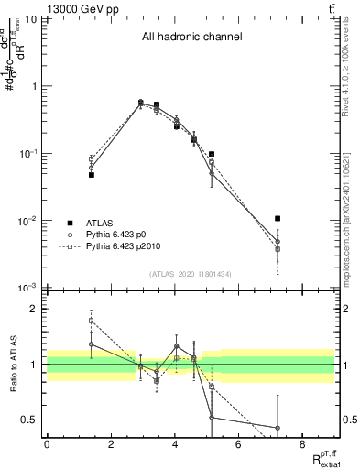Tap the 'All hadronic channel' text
coord(191,38)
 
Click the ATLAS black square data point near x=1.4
coord(92,174)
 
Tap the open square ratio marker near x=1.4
coord(92,321)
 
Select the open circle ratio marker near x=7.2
coord(277,428)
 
